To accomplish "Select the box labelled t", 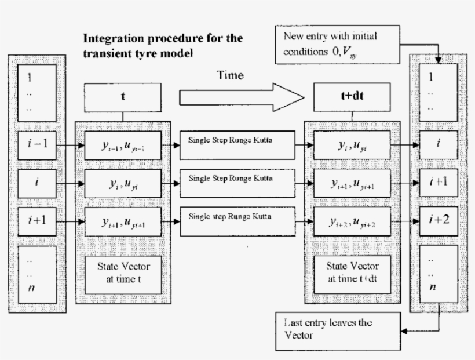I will [x=123, y=97].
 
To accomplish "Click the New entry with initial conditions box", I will [x=338, y=45].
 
